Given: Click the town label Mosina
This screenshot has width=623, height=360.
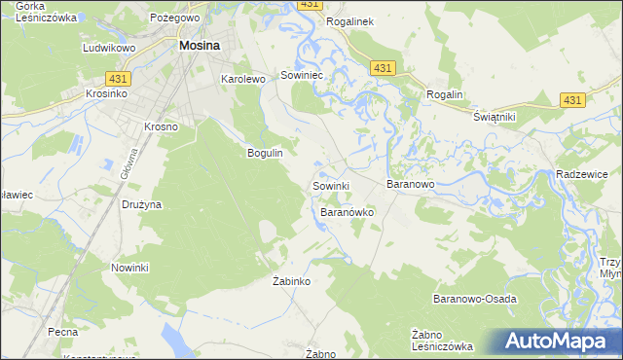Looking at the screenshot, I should (x=198, y=45).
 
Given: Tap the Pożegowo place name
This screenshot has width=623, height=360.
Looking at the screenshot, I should (x=175, y=18).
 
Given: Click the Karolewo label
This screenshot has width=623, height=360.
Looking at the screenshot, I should (x=243, y=80).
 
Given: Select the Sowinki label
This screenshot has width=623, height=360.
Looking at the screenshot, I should (x=330, y=185).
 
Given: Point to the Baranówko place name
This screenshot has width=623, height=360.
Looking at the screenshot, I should (x=348, y=211).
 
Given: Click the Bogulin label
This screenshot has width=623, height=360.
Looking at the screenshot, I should (x=265, y=153).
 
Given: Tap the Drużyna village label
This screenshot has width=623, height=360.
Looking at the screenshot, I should (x=142, y=205).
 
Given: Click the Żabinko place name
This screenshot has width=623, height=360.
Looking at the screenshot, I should (x=290, y=281).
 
